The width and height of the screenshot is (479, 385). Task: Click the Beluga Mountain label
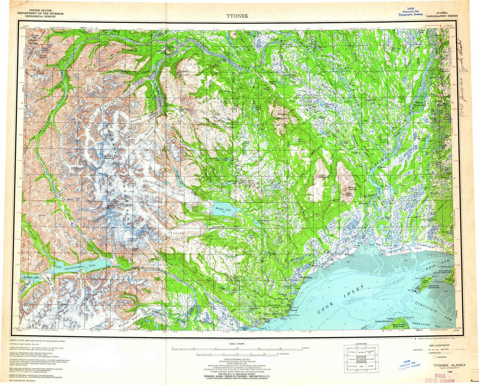[x=282, y=116]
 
